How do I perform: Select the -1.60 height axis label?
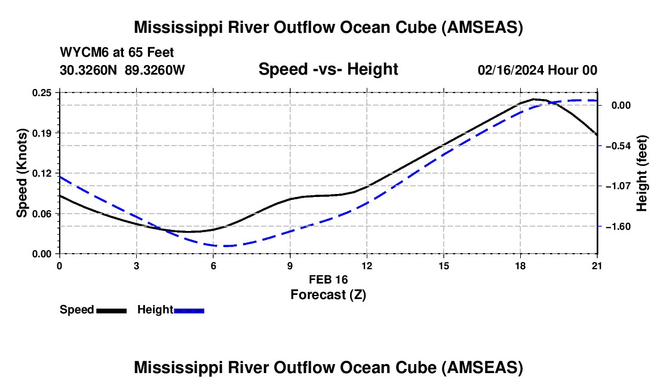pyautogui.click(x=627, y=227)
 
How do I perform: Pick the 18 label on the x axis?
pyautogui.click(x=520, y=266)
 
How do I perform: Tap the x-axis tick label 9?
pyautogui.click(x=290, y=266)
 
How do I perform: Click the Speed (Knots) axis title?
pyautogui.click(x=22, y=173)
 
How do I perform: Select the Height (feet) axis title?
pyautogui.click(x=642, y=173)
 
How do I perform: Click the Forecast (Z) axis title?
pyautogui.click(x=328, y=294)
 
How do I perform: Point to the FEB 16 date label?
pyautogui.click(x=328, y=279)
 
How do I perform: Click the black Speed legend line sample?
pyautogui.click(x=111, y=310)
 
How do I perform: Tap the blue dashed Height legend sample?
pyautogui.click(x=189, y=310)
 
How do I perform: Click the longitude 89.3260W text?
pyautogui.click(x=155, y=70)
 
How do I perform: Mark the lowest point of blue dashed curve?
pyautogui.click(x=226, y=246)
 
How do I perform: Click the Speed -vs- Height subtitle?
pyautogui.click(x=328, y=69)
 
